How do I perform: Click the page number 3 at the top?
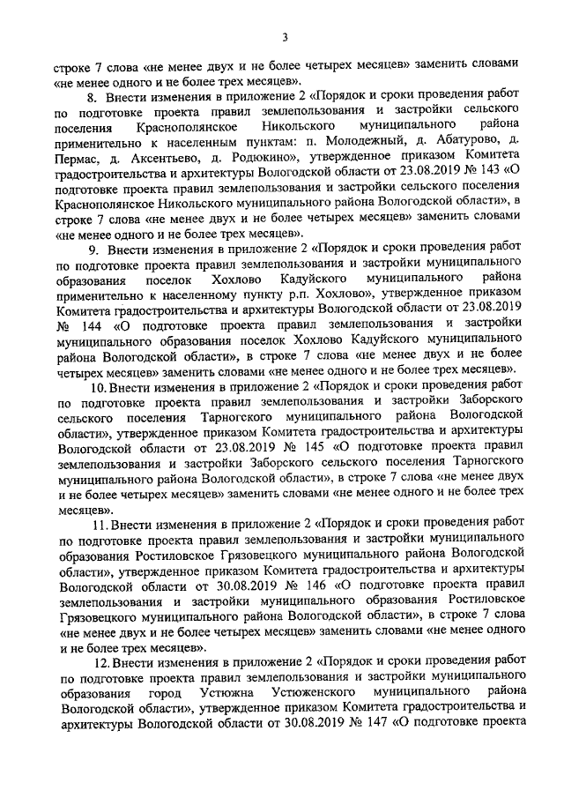click(284, 36)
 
